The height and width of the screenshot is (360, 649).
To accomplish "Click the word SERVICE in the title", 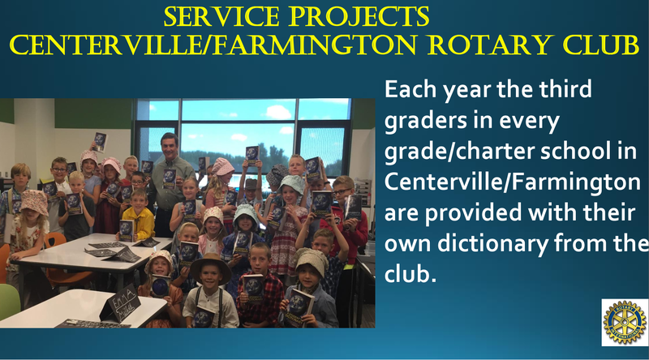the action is click(x=221, y=16).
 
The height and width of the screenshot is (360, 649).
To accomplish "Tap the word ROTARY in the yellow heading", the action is click(x=490, y=45).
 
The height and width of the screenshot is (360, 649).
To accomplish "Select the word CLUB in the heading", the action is click(x=601, y=45).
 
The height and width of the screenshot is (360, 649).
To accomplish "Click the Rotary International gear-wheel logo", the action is click(x=625, y=323).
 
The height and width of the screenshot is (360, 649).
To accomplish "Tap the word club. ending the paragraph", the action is click(x=410, y=273).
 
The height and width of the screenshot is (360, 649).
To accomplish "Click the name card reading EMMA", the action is click(x=119, y=303).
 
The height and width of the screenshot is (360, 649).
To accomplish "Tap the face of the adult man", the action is click(x=170, y=148).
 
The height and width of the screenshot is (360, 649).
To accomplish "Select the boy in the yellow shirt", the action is click(x=139, y=216).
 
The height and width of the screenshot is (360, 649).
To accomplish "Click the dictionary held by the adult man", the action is click(x=169, y=178).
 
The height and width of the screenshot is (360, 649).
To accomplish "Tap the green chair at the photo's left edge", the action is click(x=8, y=301).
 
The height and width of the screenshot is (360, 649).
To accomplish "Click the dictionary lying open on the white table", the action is click(x=123, y=255).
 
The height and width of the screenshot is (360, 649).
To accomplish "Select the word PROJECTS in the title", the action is click(x=359, y=16).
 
